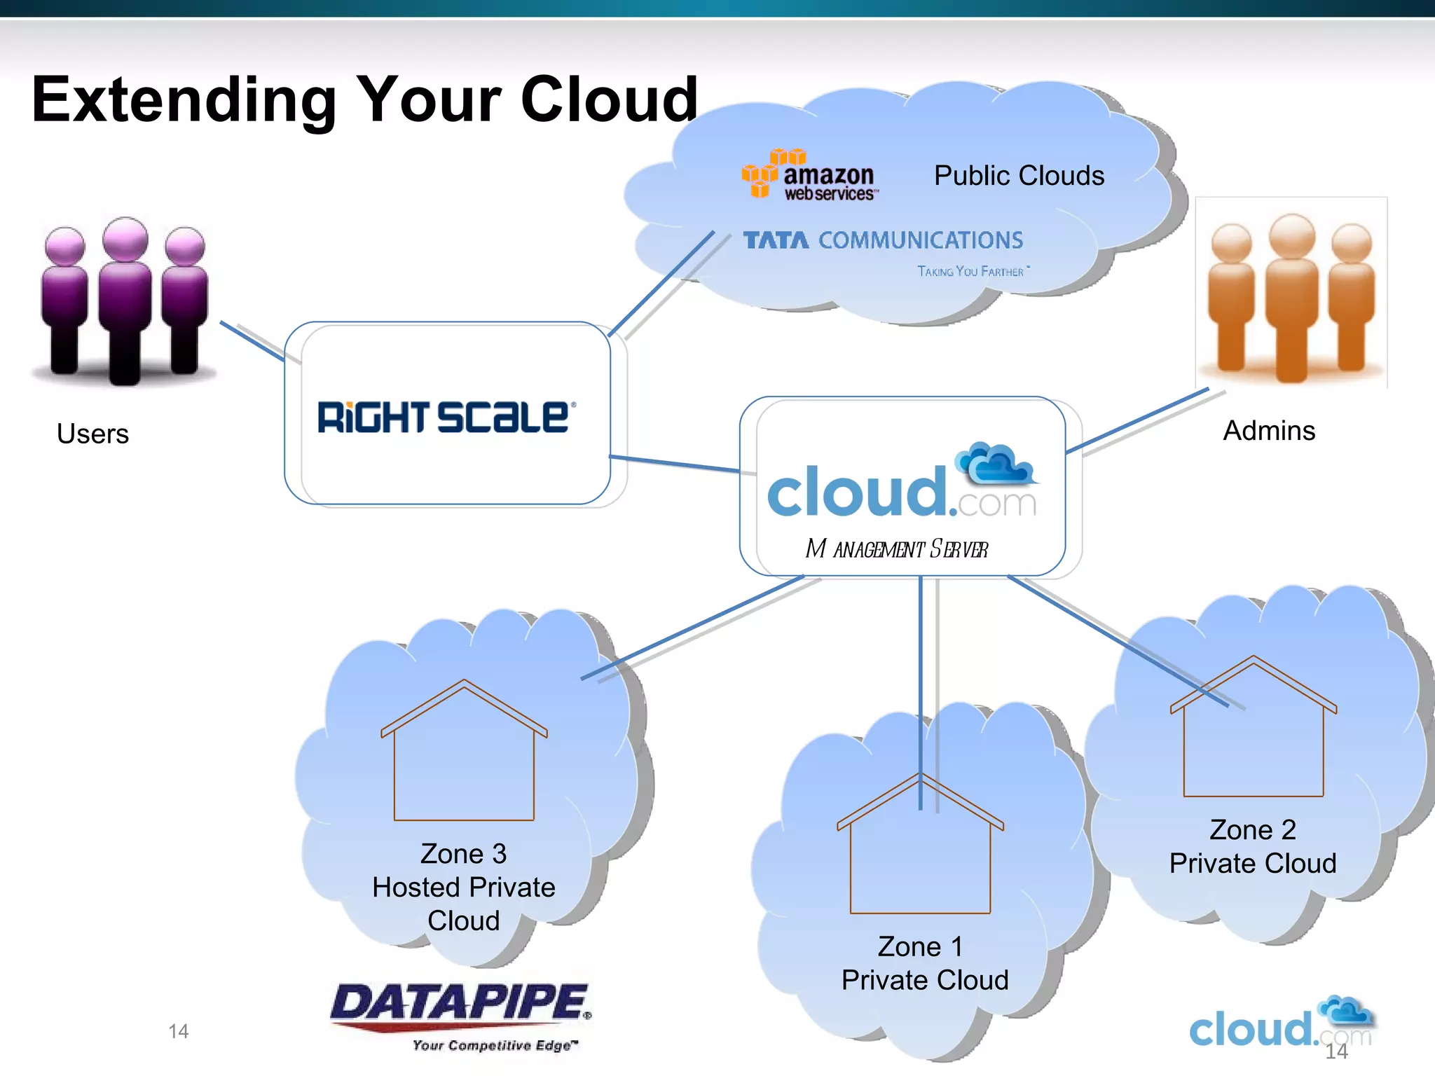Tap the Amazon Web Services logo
coord(809,175)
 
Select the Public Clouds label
coord(1019,176)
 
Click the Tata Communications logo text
coord(883,240)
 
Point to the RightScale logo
coord(446,418)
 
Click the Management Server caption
coord(897,549)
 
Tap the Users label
coord(92,434)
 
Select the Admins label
coord(1268,430)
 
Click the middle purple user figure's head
coord(125,239)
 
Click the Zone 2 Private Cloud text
coord(1252,846)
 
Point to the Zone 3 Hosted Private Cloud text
coord(463,887)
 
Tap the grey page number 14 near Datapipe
coord(178,1031)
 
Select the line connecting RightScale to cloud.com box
coord(674,464)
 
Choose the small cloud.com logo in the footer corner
coord(1279,1023)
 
